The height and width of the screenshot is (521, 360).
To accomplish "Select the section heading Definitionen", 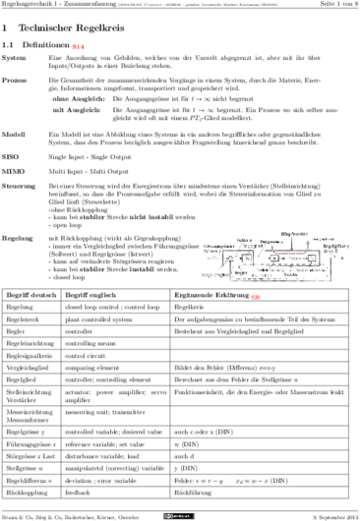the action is point(49,46).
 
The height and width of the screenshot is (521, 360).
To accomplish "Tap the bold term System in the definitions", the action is point(17,61).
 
